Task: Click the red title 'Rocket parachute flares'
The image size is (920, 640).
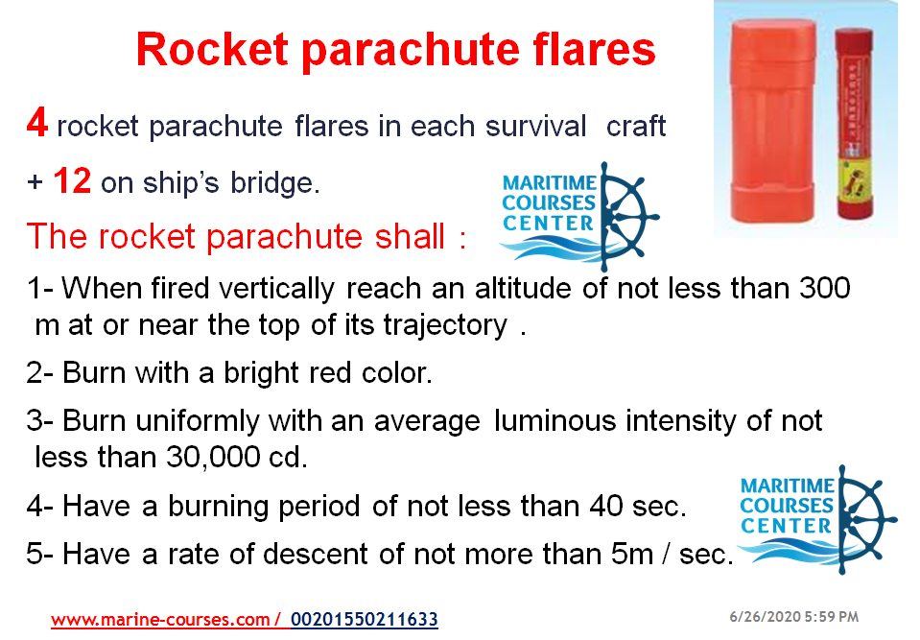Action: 395,50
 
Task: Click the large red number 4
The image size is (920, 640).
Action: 37,126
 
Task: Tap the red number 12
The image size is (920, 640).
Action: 72,181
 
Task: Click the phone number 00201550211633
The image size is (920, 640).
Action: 364,620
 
